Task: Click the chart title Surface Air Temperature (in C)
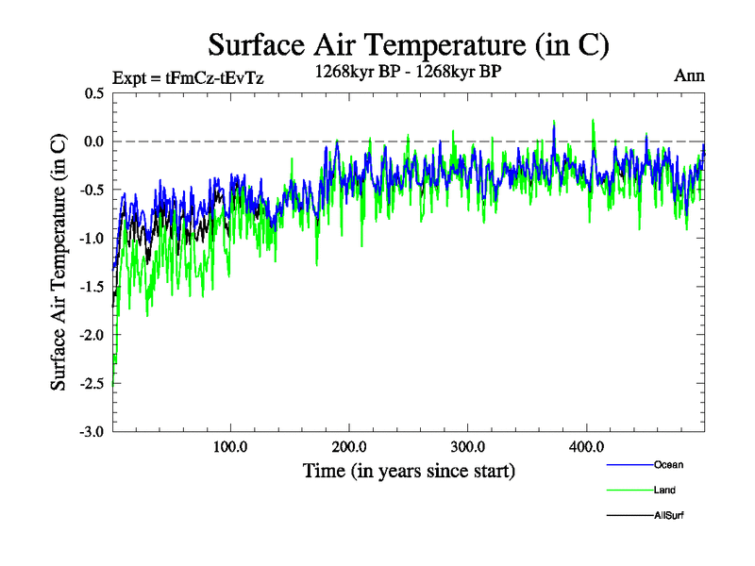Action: click(x=408, y=44)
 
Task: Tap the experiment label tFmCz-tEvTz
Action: click(x=187, y=78)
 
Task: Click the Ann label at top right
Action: click(x=689, y=75)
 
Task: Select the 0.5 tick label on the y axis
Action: click(x=94, y=93)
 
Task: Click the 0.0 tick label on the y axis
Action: click(x=94, y=141)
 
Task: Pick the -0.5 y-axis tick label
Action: click(x=92, y=190)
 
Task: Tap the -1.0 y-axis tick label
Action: click(x=92, y=239)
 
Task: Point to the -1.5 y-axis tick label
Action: click(x=92, y=287)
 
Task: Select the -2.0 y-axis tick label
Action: click(x=92, y=335)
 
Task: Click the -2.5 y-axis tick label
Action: click(x=92, y=384)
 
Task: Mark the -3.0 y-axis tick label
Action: click(x=92, y=432)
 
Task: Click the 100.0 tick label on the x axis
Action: click(x=230, y=446)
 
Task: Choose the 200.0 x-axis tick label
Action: click(x=349, y=446)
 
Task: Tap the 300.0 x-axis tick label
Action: click(x=468, y=446)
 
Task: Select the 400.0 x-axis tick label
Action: click(x=587, y=446)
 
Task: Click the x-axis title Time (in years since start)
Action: click(x=409, y=470)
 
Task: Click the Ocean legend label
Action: click(x=668, y=464)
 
